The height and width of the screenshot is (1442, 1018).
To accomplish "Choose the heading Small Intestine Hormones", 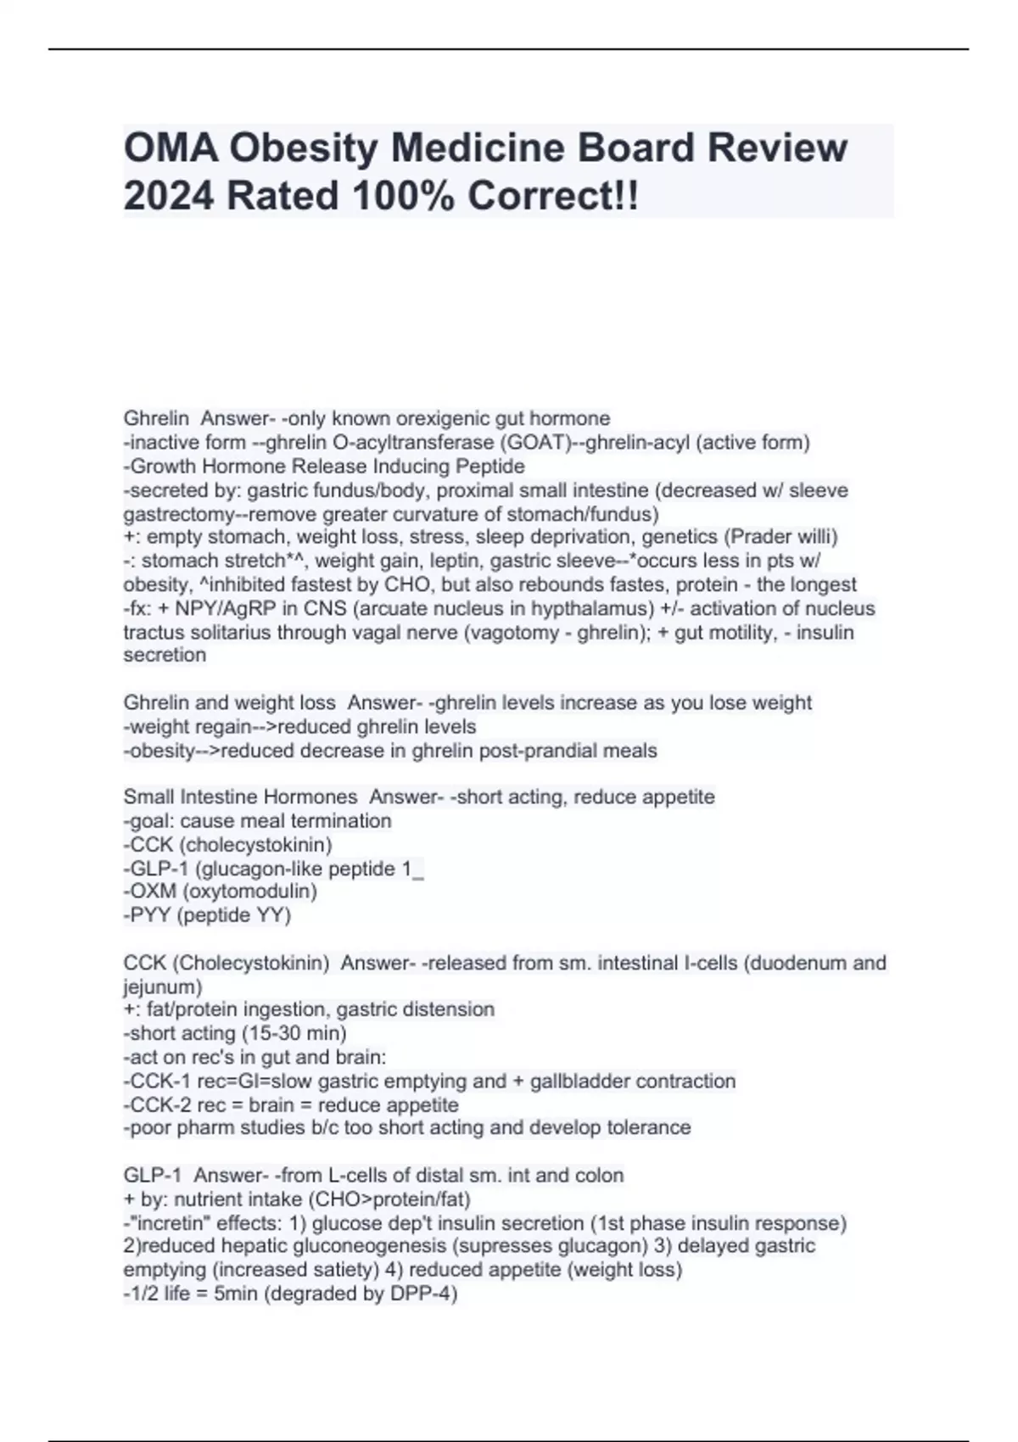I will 240,797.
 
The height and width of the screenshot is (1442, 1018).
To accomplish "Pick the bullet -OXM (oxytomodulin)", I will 221,891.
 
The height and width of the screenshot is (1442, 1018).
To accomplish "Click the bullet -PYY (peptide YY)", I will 208,915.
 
